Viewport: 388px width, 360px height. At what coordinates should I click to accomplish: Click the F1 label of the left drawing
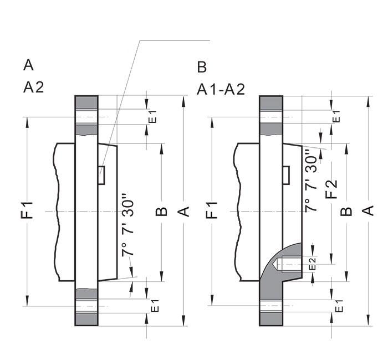click(x=28, y=211)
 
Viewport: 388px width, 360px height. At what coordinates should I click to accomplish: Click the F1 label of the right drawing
click(x=212, y=211)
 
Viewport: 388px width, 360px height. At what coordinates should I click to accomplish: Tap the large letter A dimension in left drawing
click(x=185, y=211)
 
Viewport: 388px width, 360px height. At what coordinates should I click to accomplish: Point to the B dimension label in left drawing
click(x=161, y=211)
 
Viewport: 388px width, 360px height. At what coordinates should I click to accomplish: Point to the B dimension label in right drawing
click(x=345, y=211)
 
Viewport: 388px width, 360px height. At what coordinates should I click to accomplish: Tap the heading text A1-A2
click(x=221, y=90)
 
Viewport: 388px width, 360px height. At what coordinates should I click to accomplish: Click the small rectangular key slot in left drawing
click(x=101, y=174)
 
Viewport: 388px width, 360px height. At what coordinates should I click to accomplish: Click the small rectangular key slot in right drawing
click(x=285, y=175)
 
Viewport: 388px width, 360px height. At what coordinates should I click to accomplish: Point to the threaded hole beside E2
click(x=289, y=264)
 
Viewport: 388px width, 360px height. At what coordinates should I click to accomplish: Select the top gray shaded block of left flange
click(x=86, y=102)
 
